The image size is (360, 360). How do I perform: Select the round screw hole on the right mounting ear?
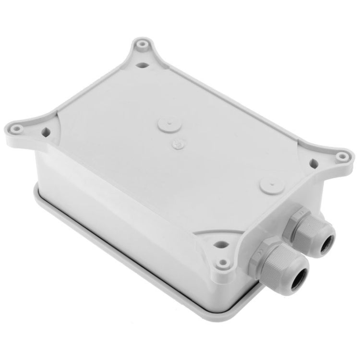click(341, 156)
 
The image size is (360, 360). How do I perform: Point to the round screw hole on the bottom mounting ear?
click(222, 263)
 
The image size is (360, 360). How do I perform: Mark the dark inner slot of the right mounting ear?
click(314, 163)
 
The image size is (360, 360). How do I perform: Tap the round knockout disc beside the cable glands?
click(269, 185)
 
